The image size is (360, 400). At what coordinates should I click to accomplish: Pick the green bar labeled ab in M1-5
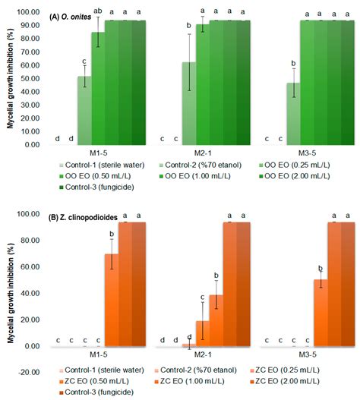click(x=98, y=88)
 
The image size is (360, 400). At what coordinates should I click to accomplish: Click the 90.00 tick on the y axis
click(x=31, y=26)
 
